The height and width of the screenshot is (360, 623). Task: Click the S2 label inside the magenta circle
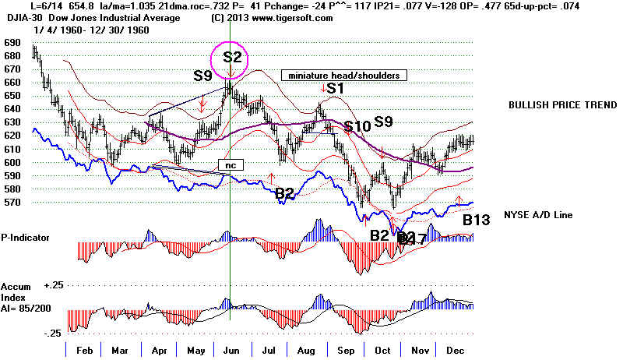[x=231, y=57]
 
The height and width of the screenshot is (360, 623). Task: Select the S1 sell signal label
[x=335, y=89]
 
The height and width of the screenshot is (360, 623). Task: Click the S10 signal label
[x=357, y=126]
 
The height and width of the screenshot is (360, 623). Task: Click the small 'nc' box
[x=231, y=165]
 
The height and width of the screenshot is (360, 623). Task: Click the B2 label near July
[x=284, y=193]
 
